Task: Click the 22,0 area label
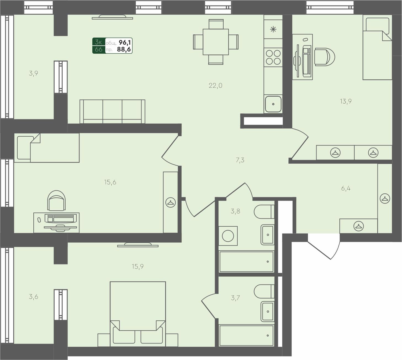click(x=215, y=86)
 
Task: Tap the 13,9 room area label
click(x=345, y=101)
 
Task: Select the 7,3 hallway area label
click(x=240, y=160)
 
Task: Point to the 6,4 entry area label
click(x=345, y=188)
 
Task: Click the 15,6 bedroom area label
click(x=110, y=182)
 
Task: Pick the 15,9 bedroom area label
click(x=138, y=266)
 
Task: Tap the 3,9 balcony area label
click(x=33, y=73)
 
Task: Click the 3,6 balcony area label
click(x=33, y=297)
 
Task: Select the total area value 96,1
click(x=125, y=42)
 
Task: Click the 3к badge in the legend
click(x=98, y=42)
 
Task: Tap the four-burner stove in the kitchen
click(x=273, y=57)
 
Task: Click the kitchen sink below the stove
click(x=273, y=104)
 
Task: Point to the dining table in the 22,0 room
click(x=216, y=42)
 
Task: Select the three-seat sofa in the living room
click(x=112, y=111)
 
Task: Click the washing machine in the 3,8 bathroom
click(x=228, y=236)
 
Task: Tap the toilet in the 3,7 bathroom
click(x=263, y=291)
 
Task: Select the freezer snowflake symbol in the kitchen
click(x=273, y=29)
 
